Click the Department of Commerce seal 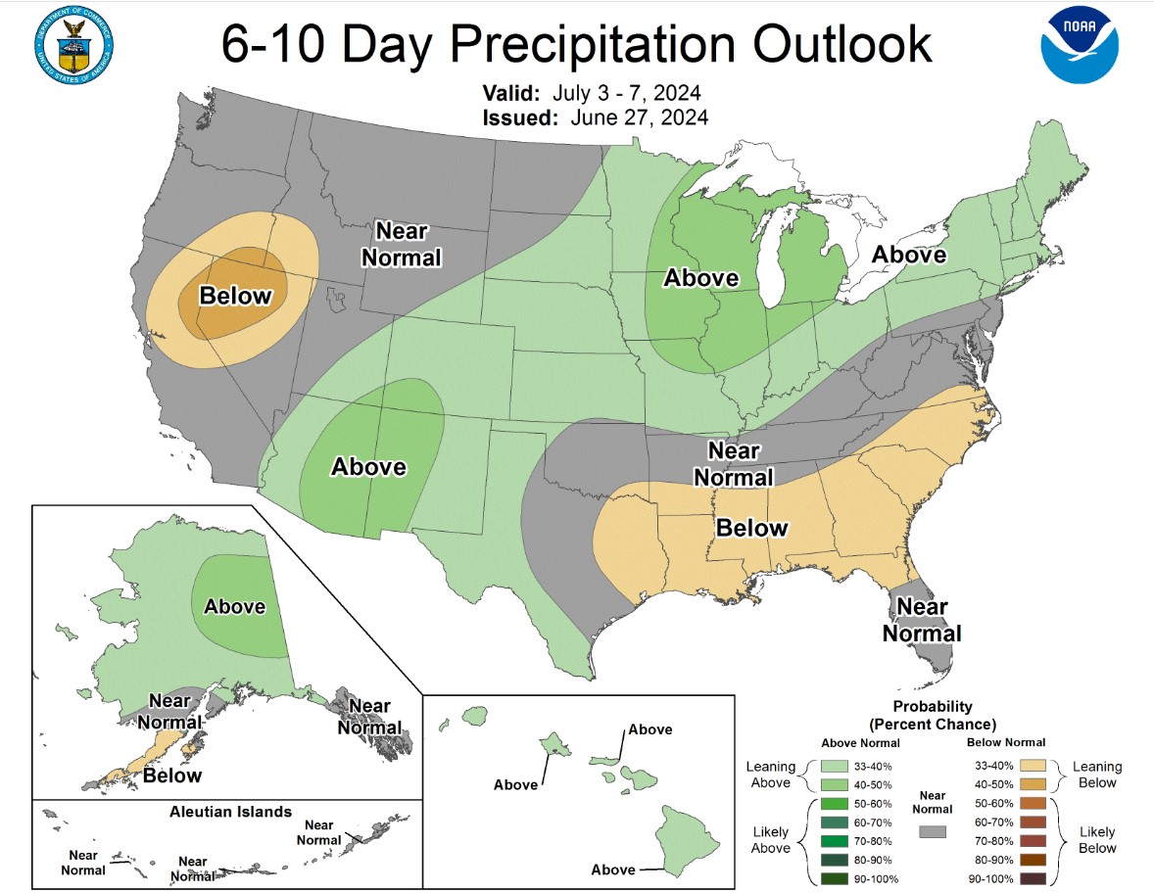[72, 45]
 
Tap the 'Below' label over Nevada [234, 295]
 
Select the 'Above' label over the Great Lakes [700, 278]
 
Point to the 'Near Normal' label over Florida [922, 620]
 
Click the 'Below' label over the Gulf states [751, 528]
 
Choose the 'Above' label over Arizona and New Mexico [368, 466]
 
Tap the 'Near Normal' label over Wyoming [402, 244]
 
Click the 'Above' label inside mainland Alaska [234, 606]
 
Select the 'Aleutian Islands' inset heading [230, 811]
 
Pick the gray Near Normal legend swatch [933, 831]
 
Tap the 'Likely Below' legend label [1096, 840]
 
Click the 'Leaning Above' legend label [769, 775]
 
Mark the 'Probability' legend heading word [933, 706]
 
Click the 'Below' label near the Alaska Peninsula [172, 775]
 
